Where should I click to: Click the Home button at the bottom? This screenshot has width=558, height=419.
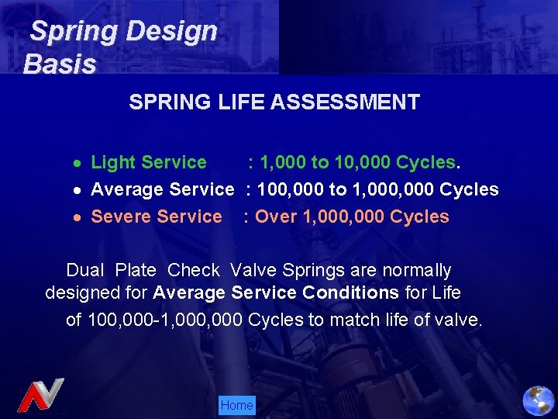coord(236,405)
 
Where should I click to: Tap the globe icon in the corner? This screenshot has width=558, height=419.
coord(538,400)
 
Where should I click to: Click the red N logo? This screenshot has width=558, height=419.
coord(40,395)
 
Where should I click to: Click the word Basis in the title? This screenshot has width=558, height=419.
coord(60,64)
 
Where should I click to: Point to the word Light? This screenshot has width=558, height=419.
coord(113,162)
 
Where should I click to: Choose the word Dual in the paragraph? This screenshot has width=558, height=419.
coord(86,271)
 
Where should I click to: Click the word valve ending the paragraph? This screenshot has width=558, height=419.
coord(459,319)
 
